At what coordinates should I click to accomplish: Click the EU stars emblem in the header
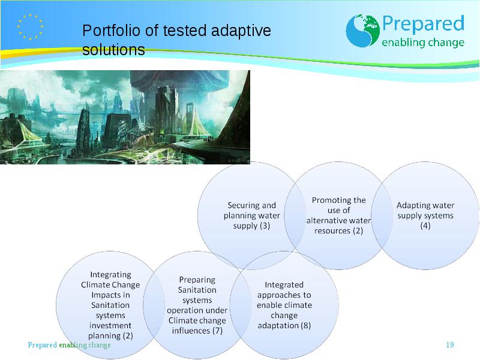30,27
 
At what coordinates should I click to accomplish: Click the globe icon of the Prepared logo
363,31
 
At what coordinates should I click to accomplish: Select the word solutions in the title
113,50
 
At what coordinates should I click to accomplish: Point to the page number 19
449,344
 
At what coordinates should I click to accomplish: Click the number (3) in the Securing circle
265,226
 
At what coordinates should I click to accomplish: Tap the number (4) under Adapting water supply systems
425,226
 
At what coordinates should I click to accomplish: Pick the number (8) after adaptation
305,325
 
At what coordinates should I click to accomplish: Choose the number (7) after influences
217,331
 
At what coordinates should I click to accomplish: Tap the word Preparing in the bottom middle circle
197,280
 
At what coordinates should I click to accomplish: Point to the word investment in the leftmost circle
110,325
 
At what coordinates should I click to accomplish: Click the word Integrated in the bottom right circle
284,284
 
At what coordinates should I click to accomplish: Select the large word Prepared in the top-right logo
424,23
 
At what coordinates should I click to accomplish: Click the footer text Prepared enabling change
69,345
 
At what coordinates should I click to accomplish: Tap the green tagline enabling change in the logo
423,42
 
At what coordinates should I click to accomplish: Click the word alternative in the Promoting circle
327,221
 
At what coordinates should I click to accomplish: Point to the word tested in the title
184,31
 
